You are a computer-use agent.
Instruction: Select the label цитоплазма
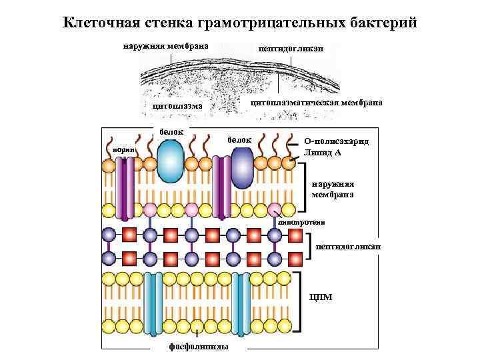pos(177,105)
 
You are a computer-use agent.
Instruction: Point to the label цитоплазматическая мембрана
pos(316,103)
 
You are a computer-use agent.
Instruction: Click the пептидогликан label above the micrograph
pos(291,49)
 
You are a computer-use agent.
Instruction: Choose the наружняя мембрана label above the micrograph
pos(165,46)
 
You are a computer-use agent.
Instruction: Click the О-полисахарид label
pos(336,142)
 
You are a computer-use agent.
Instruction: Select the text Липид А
pos(322,152)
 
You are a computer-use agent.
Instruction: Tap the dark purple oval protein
pos(243,167)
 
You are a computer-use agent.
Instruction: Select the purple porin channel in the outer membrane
pos(125,183)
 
